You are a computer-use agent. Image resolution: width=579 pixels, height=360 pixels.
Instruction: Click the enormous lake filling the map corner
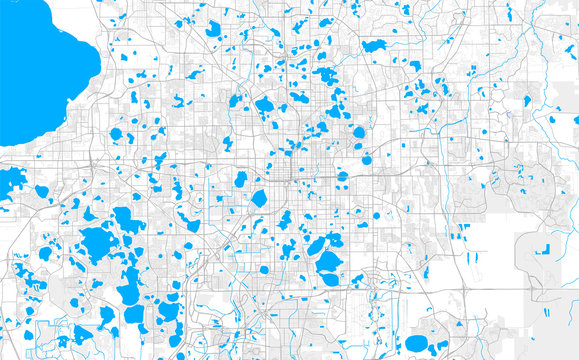pyautogui.click(x=40, y=60)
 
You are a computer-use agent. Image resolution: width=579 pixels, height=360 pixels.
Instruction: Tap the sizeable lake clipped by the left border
pyautogui.click(x=10, y=181)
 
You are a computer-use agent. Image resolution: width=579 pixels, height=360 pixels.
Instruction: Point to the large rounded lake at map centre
pyautogui.click(x=259, y=198)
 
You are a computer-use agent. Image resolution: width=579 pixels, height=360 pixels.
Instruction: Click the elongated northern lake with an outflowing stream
pyautogui.click(x=374, y=46)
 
